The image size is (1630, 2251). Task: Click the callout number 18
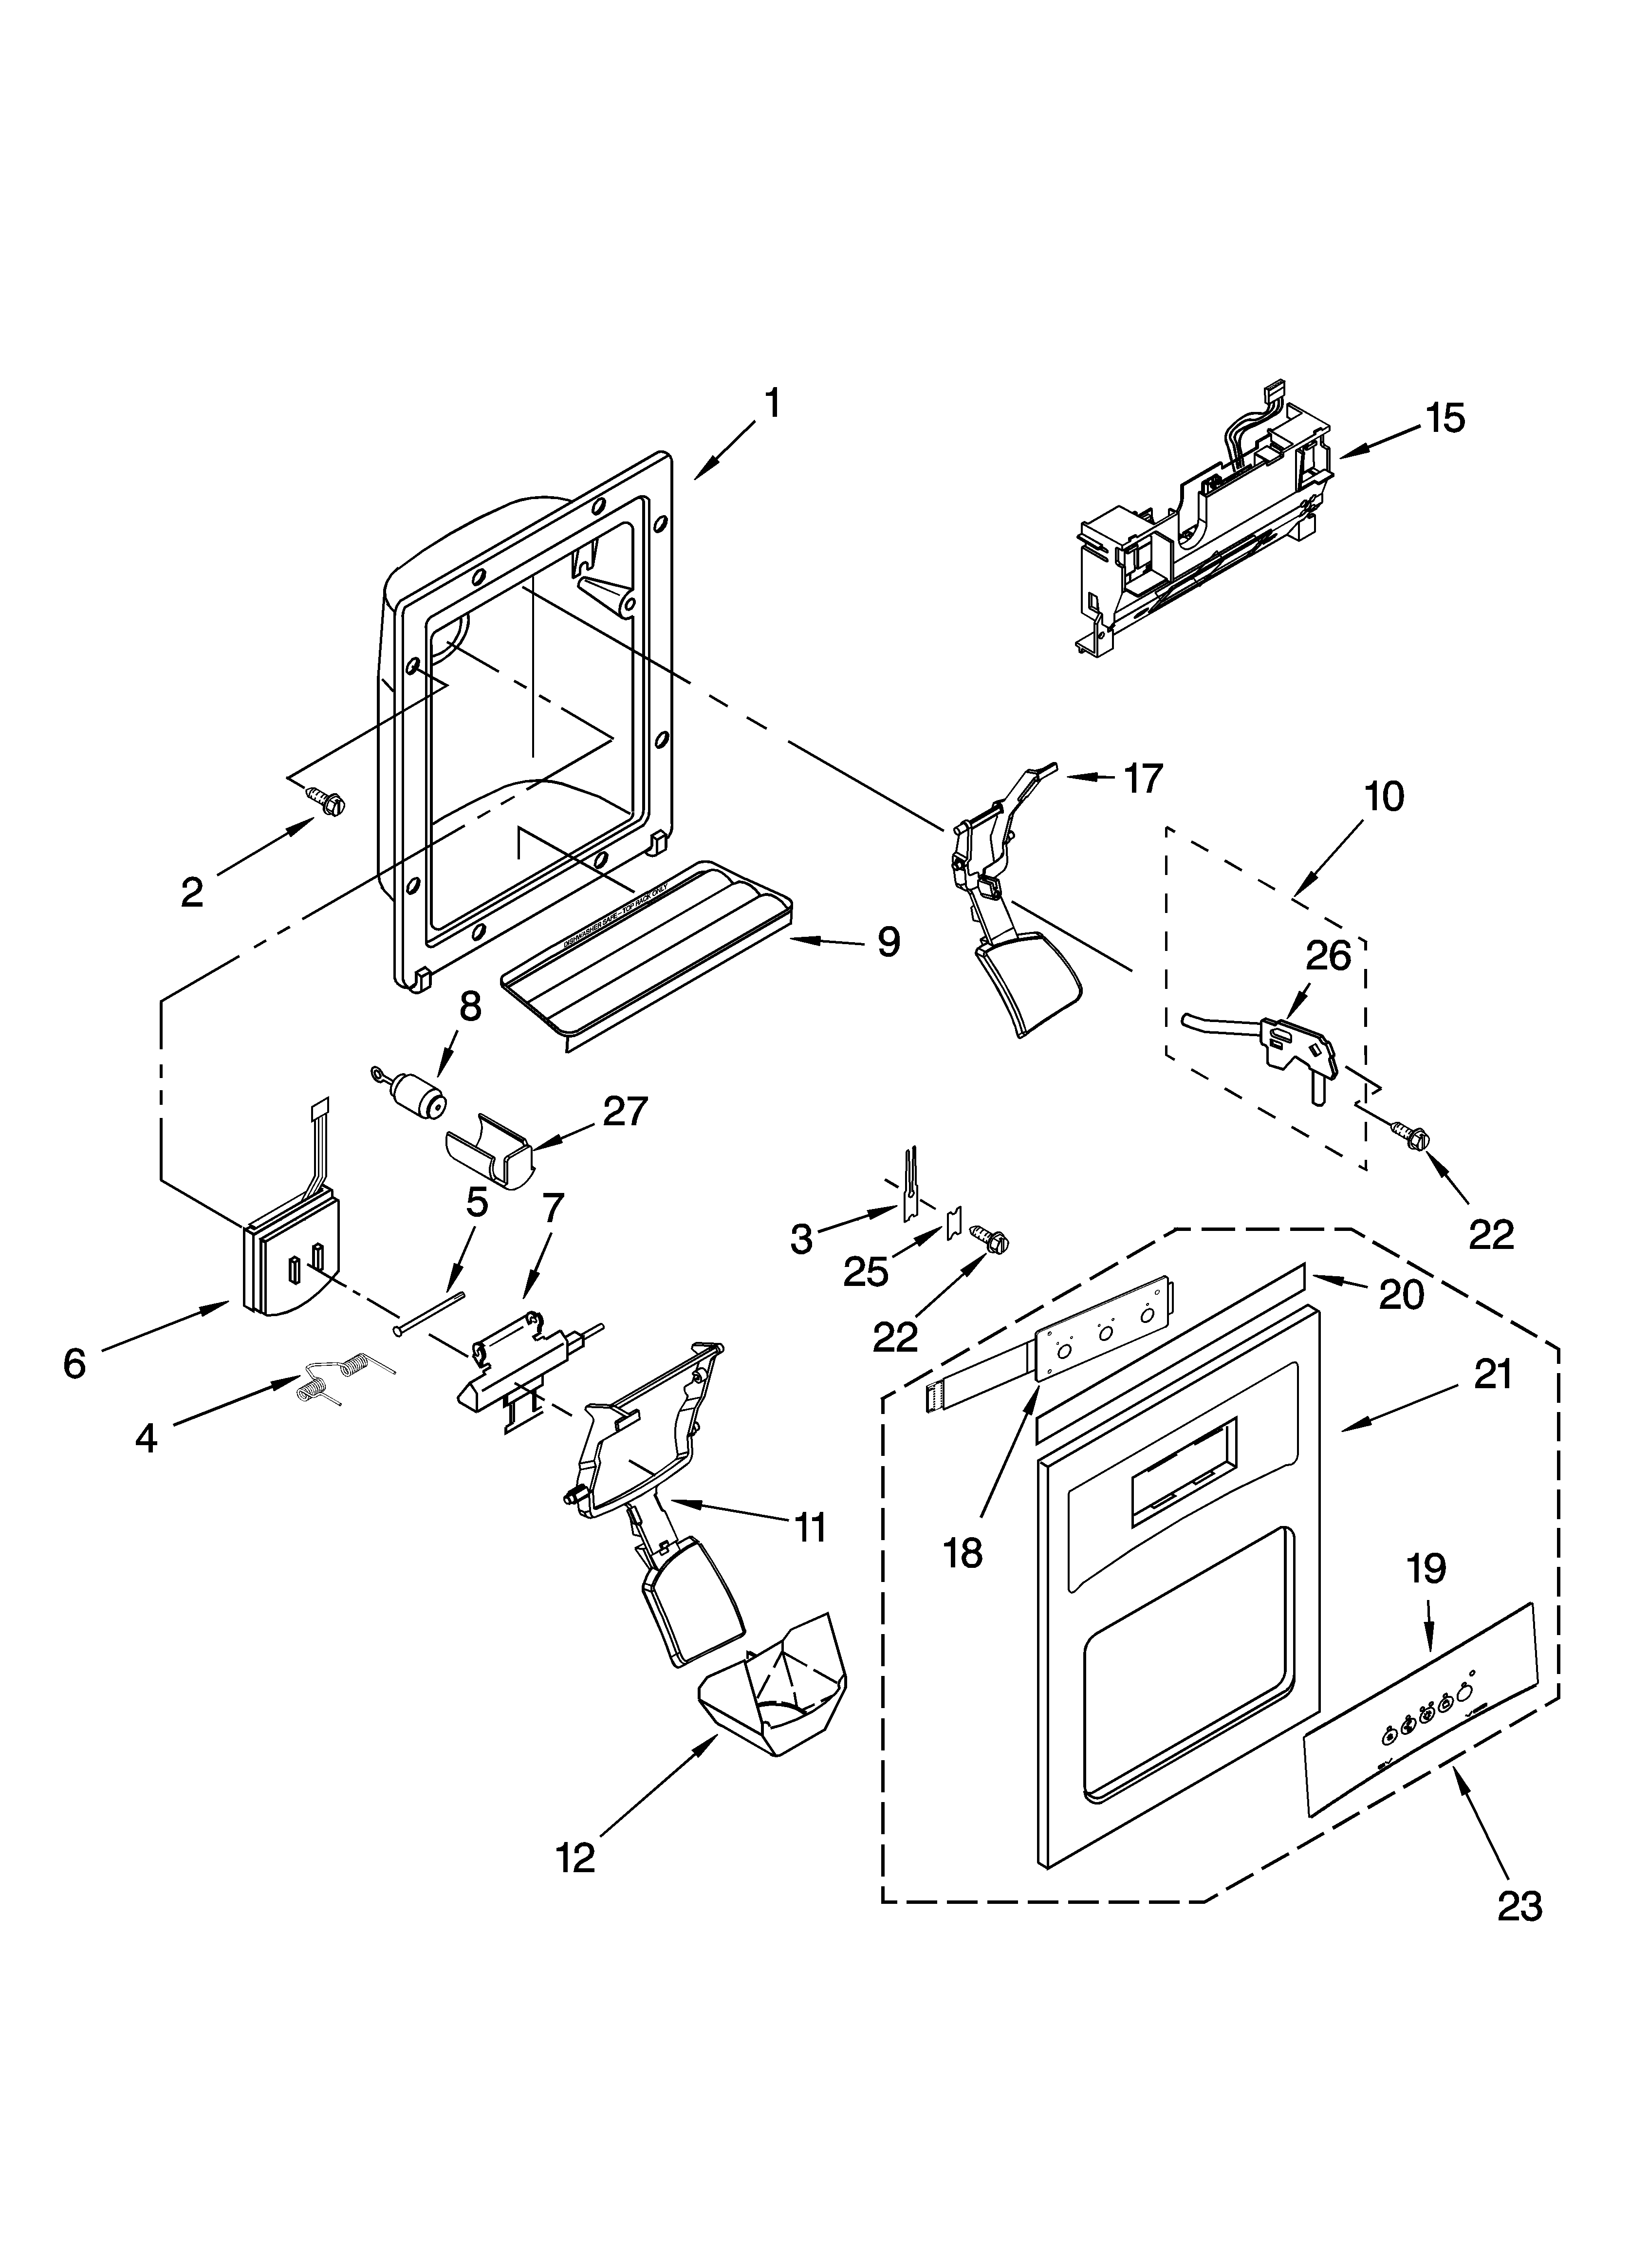(x=963, y=1553)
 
